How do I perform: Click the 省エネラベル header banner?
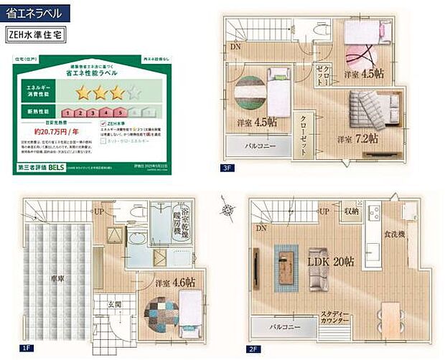[x=37, y=12]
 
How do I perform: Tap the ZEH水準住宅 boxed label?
[x=37, y=33]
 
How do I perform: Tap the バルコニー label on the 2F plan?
[x=285, y=326]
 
